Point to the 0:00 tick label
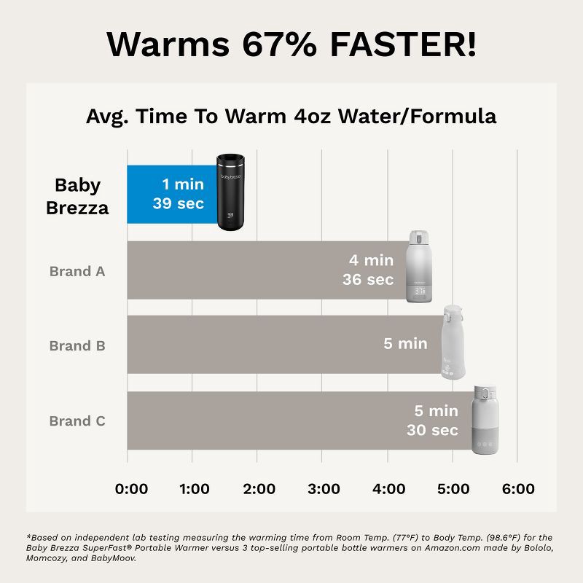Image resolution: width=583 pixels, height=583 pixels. pos(132,489)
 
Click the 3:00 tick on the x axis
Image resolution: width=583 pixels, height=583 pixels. pos(324,489)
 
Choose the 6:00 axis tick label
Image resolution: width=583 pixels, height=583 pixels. pos(518,489)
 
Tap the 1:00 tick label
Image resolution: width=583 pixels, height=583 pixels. pos(195,489)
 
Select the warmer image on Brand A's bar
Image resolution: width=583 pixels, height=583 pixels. pos(421,266)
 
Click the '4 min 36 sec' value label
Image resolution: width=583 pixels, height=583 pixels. pos(368,270)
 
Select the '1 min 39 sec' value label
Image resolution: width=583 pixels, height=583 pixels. pos(179,195)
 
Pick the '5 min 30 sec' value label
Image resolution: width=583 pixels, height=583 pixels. pos(433,421)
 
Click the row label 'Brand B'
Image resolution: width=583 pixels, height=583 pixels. pos(77,345)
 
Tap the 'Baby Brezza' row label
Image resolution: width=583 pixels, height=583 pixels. pos(77,196)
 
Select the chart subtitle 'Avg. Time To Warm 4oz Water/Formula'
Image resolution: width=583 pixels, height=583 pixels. pos(291,116)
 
